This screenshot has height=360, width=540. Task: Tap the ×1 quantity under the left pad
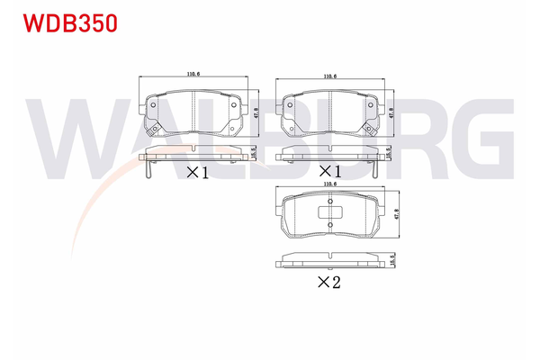point(197,172)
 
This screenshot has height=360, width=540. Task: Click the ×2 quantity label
point(329,281)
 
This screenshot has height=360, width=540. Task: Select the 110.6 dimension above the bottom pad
point(328,184)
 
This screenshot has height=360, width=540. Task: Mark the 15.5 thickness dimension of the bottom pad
point(393,260)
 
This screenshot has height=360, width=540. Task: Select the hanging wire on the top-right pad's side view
point(378,166)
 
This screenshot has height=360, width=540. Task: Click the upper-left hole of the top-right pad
point(288,103)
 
